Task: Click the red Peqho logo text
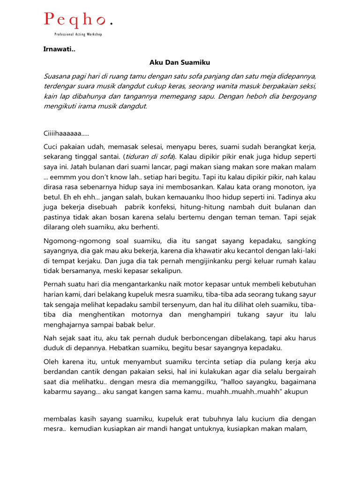(75, 20)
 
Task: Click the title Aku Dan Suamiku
(180, 61)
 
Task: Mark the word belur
(145, 324)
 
